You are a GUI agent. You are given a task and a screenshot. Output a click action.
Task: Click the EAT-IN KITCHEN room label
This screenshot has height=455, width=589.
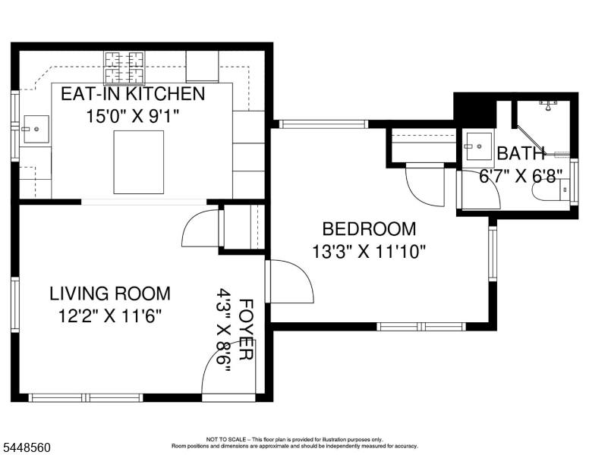[133, 93]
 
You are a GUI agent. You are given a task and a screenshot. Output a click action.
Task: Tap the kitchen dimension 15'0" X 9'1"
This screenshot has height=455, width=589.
[133, 116]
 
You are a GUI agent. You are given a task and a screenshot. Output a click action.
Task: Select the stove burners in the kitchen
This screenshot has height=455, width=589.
[124, 67]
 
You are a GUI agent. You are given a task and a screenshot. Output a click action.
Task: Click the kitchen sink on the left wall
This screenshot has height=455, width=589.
[36, 129]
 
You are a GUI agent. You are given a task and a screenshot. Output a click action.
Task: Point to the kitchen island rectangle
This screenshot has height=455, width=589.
[139, 162]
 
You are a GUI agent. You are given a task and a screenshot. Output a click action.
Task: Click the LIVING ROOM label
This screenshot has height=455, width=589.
[110, 293]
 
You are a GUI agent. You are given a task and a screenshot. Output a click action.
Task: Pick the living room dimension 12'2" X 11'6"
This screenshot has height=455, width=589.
[110, 316]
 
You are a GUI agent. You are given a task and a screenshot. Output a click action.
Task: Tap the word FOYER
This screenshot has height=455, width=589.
[247, 330]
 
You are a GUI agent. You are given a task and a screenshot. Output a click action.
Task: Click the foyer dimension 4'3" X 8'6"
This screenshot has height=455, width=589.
[224, 331]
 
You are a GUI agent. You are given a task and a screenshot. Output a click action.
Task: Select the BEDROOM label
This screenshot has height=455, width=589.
[369, 229]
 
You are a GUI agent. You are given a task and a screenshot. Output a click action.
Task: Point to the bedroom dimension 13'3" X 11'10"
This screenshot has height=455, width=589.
[369, 252]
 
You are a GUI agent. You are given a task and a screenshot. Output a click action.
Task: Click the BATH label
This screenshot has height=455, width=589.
[521, 153]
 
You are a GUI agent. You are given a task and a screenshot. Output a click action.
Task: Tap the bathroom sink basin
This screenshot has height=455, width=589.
[477, 146]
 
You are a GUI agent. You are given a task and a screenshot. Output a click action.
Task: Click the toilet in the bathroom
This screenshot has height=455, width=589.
[552, 190]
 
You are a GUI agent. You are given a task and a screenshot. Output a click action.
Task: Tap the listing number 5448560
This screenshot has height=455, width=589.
[27, 447]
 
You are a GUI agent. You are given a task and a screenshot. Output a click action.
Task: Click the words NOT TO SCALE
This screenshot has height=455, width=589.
[226, 439]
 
